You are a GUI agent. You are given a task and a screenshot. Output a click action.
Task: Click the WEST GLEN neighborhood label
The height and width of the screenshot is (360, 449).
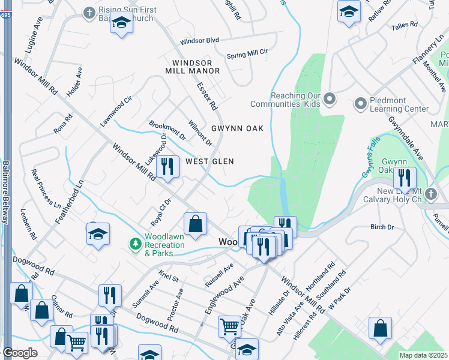click(x=209, y=161)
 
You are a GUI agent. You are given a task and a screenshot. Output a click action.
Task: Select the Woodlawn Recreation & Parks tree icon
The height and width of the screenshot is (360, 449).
click(x=136, y=243)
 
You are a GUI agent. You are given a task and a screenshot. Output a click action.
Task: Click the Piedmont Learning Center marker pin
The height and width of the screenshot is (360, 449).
click(x=361, y=104)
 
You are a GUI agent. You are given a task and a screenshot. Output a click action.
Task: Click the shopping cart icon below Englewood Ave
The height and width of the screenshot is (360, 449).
click(x=229, y=326)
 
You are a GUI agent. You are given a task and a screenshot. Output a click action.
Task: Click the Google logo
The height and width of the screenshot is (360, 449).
click(x=19, y=353)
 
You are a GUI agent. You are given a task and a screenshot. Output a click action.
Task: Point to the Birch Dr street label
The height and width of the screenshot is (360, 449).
click(x=382, y=227)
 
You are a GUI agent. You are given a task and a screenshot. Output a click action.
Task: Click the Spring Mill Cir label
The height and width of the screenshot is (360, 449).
click(x=247, y=55)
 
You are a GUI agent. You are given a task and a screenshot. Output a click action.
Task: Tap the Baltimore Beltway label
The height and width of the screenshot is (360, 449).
click(x=5, y=192)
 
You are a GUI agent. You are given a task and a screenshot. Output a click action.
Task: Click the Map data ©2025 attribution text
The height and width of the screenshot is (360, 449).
click(x=423, y=355)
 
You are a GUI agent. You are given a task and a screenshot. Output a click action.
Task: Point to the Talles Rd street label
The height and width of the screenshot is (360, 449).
click(x=405, y=25)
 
